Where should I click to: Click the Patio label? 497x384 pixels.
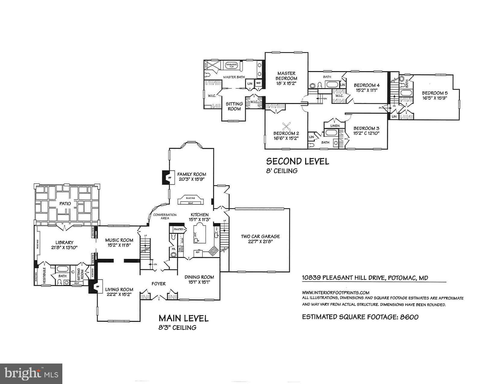tap(65, 204)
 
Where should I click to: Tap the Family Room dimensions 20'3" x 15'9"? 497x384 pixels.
tap(192, 179)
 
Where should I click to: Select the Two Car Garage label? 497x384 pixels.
tap(260, 236)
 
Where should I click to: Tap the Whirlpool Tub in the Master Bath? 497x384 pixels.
tap(232, 65)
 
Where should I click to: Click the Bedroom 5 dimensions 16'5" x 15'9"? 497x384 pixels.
tap(433, 98)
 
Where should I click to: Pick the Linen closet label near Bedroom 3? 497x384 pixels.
tap(335, 126)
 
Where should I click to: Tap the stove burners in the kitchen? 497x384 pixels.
tap(214, 251)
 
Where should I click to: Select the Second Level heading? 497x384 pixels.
tap(297, 161)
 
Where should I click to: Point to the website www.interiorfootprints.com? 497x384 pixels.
tap(336, 292)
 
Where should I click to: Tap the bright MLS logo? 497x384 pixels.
tap(31, 373)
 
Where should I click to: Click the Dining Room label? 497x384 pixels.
tap(199, 277)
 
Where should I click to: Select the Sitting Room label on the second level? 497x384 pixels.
tap(234, 106)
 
